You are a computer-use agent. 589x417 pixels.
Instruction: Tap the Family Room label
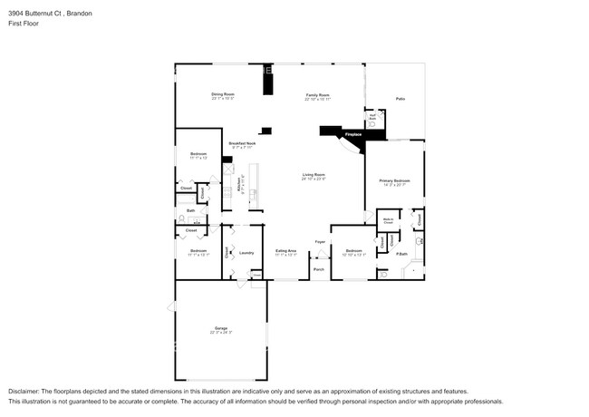[x=316, y=94]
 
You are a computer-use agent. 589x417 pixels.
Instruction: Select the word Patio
[x=400, y=99]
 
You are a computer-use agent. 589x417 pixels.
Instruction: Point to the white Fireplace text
[x=352, y=135]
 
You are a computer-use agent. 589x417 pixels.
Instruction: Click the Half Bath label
[x=372, y=117]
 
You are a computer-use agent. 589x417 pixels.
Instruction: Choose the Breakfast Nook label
[x=242, y=143]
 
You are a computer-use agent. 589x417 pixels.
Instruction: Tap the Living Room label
[x=314, y=175]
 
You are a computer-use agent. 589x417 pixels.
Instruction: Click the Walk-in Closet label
[x=388, y=219]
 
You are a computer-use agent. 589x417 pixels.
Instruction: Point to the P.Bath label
[x=400, y=254]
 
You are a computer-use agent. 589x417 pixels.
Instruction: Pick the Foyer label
[x=320, y=242]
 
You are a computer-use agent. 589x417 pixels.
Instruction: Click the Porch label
[x=319, y=269]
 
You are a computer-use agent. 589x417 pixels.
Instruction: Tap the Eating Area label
[x=285, y=251]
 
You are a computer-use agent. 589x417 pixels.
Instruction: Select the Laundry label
[x=246, y=253]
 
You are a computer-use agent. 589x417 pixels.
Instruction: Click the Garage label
[x=221, y=328]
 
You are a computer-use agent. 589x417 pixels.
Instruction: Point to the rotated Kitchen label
[x=238, y=186]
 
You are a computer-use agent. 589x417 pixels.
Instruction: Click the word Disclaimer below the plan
[x=24, y=390]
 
